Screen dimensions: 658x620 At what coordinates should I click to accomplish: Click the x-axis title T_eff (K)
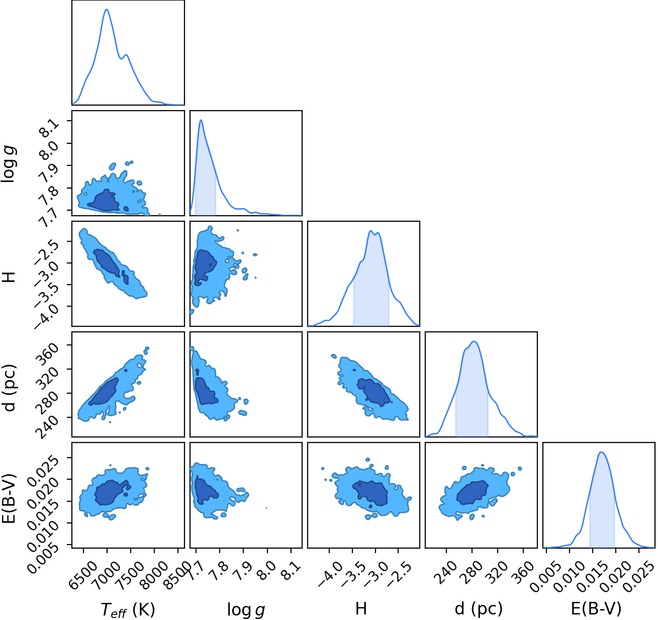pos(128,609)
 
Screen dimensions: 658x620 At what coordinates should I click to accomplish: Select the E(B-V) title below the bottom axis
pos(596,608)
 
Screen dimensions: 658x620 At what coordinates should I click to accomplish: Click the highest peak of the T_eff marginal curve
pos(107,9)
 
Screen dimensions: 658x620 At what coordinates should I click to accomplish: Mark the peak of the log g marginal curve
pos(201,120)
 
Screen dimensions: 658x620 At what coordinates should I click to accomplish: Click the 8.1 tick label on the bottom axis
pos(292,568)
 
